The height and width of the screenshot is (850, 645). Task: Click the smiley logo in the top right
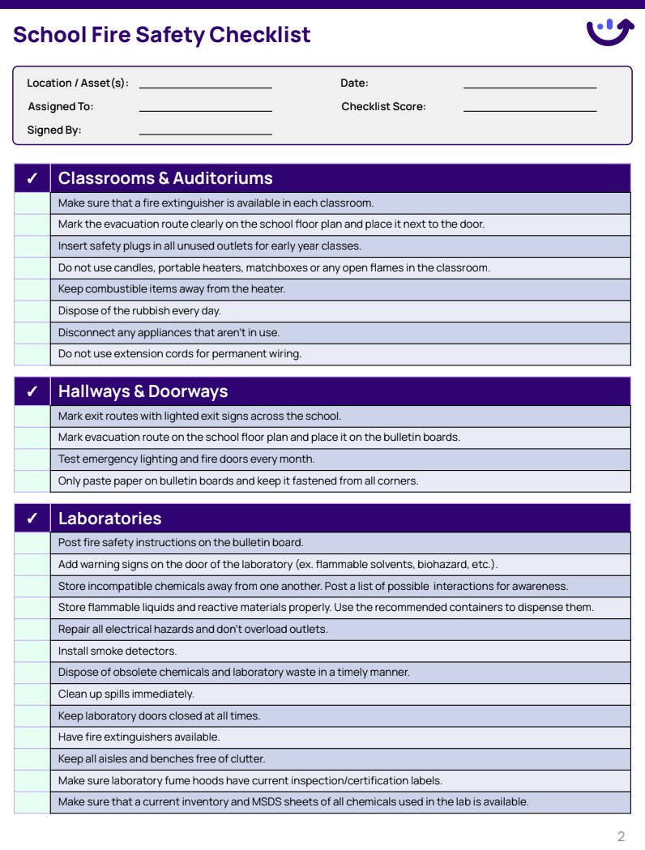point(609,32)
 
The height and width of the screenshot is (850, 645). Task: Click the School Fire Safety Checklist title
point(162,35)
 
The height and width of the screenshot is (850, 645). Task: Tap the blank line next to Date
point(529,83)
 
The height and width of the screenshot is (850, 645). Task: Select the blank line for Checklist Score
point(529,107)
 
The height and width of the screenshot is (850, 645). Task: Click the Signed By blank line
point(205,130)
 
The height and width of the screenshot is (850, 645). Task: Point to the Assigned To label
point(61,107)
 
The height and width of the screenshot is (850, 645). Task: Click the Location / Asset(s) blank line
point(205,83)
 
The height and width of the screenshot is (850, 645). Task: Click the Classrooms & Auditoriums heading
point(165,178)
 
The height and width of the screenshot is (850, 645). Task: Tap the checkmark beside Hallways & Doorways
point(32,391)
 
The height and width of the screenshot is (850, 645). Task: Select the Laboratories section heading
point(109,519)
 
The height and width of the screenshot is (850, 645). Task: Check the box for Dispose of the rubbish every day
point(32,311)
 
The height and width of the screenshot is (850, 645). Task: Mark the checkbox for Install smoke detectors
point(32,651)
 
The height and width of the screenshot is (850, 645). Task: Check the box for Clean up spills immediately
point(32,694)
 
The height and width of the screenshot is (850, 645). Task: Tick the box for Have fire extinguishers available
point(32,737)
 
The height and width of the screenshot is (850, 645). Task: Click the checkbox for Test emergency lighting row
point(32,459)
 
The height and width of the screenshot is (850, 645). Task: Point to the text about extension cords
point(179,354)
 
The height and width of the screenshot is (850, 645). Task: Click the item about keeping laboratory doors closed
point(159,716)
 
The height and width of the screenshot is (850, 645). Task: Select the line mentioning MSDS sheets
point(293,802)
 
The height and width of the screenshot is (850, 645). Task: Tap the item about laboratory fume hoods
point(250,781)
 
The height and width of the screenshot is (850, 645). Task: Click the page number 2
point(621,836)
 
